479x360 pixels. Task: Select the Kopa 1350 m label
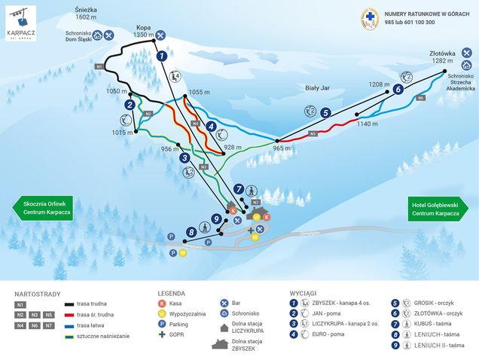point(143,31)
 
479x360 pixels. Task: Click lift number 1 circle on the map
point(161,55)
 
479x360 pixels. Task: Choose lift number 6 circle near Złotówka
point(397,89)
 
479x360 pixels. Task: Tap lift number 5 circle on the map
point(325,113)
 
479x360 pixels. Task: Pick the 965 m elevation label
point(281,148)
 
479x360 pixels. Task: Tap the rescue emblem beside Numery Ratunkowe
point(369,19)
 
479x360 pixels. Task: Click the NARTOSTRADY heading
point(37,294)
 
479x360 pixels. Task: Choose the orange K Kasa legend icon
point(161,303)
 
